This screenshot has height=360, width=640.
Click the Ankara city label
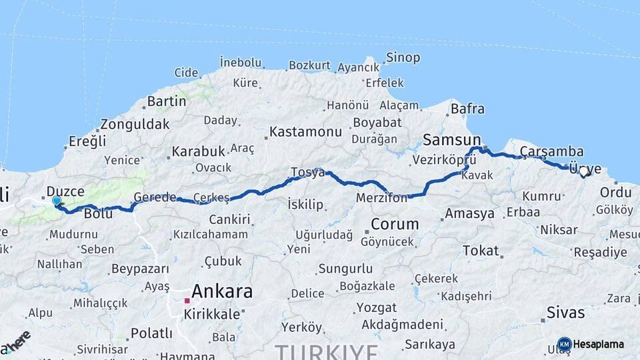pyautogui.click(x=222, y=291)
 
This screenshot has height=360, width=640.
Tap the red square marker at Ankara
pyautogui.click(x=187, y=301)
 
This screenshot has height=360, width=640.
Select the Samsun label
pyautogui.click(x=452, y=140)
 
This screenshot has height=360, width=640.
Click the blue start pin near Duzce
pyautogui.click(x=57, y=201)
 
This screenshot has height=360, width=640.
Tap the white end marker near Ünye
pyautogui.click(x=584, y=171)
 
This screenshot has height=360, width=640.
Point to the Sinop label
pyautogui.click(x=403, y=58)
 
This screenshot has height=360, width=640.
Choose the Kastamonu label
pyautogui.click(x=306, y=132)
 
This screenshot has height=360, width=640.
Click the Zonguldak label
pyautogui.click(x=135, y=124)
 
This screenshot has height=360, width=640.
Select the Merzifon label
pyautogui.click(x=381, y=198)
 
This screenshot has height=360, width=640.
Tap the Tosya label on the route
pyautogui.click(x=307, y=173)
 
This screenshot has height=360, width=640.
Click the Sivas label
pyautogui.click(x=565, y=312)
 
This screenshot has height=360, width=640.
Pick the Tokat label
pyautogui.click(x=481, y=251)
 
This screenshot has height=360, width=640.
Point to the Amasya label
pyautogui.click(x=469, y=213)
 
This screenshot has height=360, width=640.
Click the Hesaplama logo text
pyautogui.click(x=598, y=344)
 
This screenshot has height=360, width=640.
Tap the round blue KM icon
pyautogui.click(x=564, y=344)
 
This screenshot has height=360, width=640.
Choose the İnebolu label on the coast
pyautogui.click(x=241, y=63)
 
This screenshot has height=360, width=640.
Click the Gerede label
pyautogui.click(x=155, y=197)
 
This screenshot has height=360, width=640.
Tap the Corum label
pyautogui.click(x=395, y=224)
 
